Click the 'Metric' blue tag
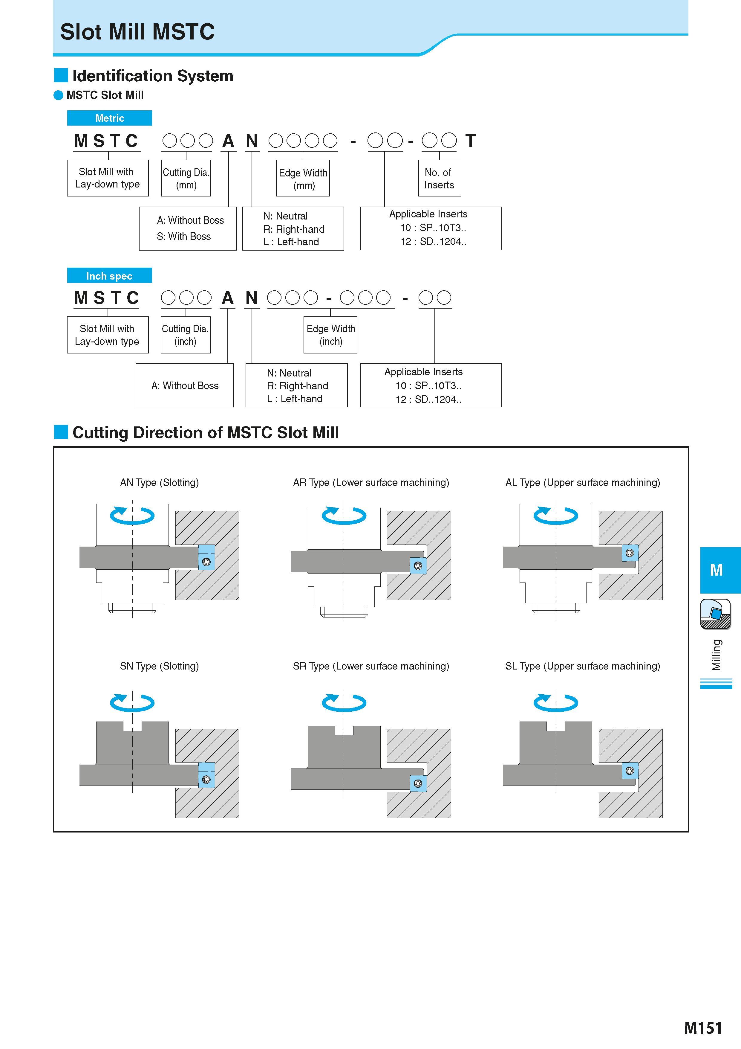110,118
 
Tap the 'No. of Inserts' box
440,178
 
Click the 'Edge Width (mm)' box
303,178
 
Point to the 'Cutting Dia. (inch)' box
185,335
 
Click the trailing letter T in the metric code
470,141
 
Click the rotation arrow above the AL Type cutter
556,515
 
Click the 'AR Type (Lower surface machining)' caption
371,482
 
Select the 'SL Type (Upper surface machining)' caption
583,666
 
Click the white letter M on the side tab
716,570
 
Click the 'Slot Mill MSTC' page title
137,31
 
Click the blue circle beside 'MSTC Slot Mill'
59,95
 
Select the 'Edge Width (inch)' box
330,335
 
